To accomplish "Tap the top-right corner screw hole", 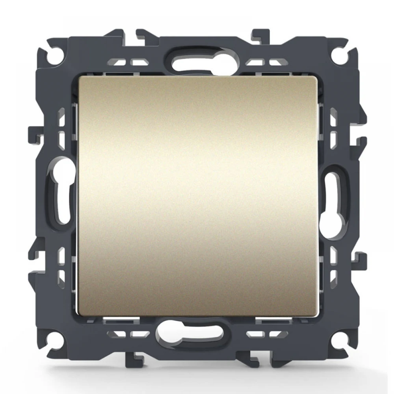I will click(338, 54).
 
